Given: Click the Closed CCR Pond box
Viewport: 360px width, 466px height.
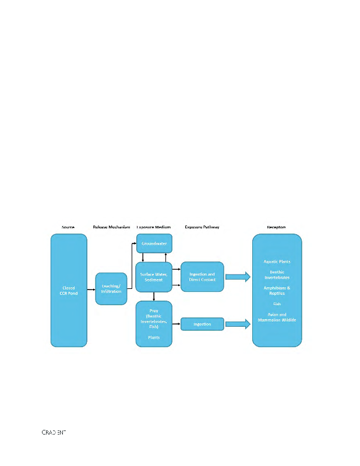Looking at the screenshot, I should (x=69, y=290).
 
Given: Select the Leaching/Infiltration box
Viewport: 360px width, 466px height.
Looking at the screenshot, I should (x=111, y=288).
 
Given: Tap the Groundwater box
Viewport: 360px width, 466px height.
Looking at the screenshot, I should (x=154, y=243).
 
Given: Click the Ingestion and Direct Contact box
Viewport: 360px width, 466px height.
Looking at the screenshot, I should (x=202, y=277).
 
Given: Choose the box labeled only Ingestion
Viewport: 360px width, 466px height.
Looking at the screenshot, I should (x=202, y=324).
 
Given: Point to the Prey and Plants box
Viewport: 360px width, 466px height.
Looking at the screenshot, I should (x=154, y=324).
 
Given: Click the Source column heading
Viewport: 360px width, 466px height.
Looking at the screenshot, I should (x=69, y=227).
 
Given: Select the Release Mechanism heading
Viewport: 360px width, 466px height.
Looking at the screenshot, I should (x=111, y=227).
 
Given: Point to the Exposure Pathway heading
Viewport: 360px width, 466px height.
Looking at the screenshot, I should (x=202, y=227).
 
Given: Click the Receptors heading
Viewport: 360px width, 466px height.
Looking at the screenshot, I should (x=276, y=227).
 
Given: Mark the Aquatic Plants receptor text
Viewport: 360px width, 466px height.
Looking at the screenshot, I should (x=276, y=262).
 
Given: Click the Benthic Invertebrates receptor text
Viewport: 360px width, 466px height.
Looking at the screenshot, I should (x=276, y=274).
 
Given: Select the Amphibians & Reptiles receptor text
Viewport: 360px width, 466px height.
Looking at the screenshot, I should (x=276, y=291).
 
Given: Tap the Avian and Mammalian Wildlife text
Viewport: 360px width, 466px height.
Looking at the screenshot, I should (x=276, y=317).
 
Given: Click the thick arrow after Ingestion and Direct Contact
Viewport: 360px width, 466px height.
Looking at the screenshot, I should (x=237, y=277).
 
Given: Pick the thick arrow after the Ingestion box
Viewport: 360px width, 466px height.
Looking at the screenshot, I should (x=237, y=324).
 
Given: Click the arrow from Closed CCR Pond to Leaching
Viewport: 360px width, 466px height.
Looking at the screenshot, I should (x=91, y=289).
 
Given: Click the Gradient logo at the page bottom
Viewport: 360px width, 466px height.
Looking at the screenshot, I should (x=53, y=432).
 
